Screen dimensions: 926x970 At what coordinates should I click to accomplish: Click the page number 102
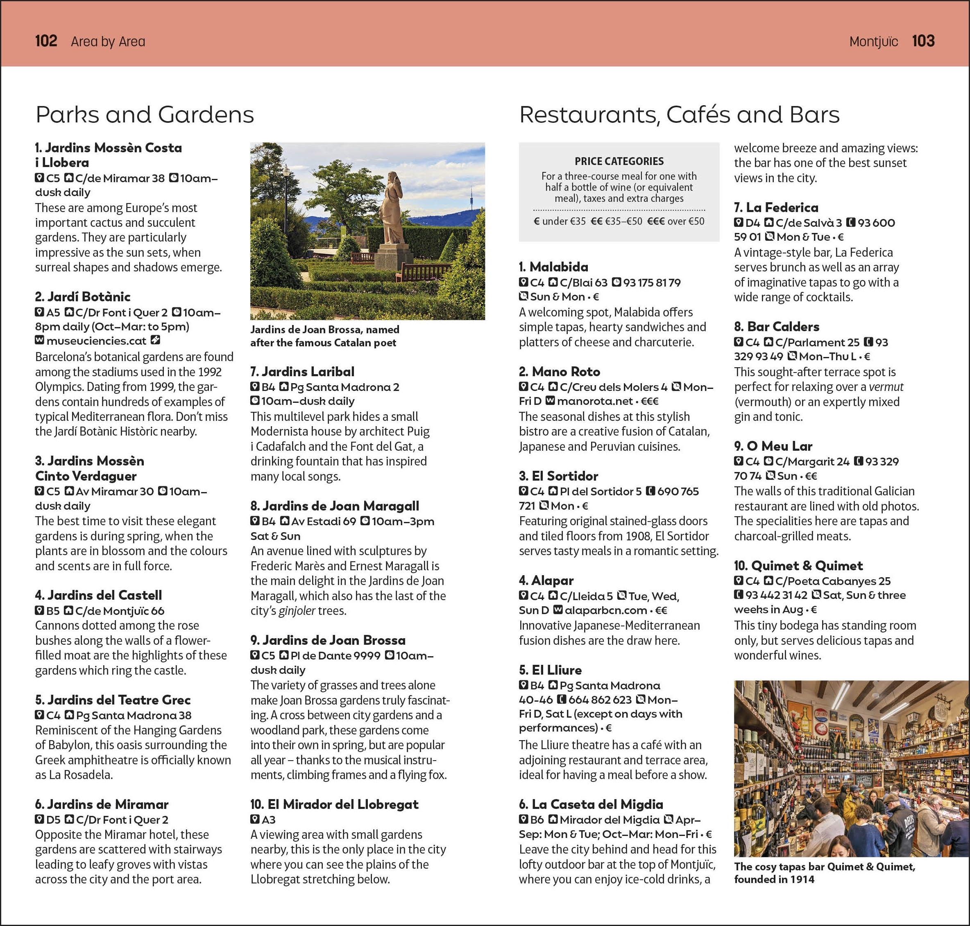click(x=46, y=41)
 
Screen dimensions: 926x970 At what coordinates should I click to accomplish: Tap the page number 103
click(x=922, y=41)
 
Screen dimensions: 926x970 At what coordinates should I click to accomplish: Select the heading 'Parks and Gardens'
click(x=145, y=115)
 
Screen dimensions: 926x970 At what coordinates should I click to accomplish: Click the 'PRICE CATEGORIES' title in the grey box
click(x=619, y=161)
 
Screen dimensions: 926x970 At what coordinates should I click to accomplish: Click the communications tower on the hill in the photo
click(x=471, y=197)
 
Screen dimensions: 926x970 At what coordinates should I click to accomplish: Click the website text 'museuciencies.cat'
click(x=96, y=341)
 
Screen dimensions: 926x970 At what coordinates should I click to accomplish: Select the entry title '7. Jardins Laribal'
click(x=302, y=372)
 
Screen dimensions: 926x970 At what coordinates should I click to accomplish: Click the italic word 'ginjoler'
click(x=296, y=611)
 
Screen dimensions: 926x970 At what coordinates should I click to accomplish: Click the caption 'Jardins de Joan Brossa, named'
click(x=324, y=330)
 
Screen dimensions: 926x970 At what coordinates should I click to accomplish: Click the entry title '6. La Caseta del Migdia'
click(x=591, y=804)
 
